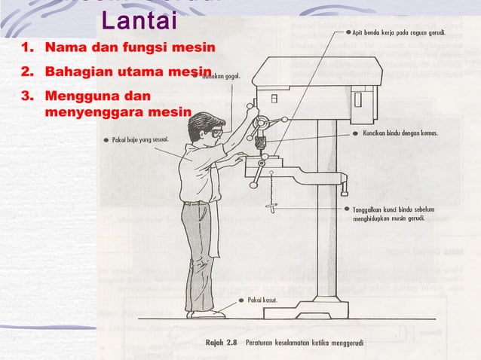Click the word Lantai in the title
point(139,21)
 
